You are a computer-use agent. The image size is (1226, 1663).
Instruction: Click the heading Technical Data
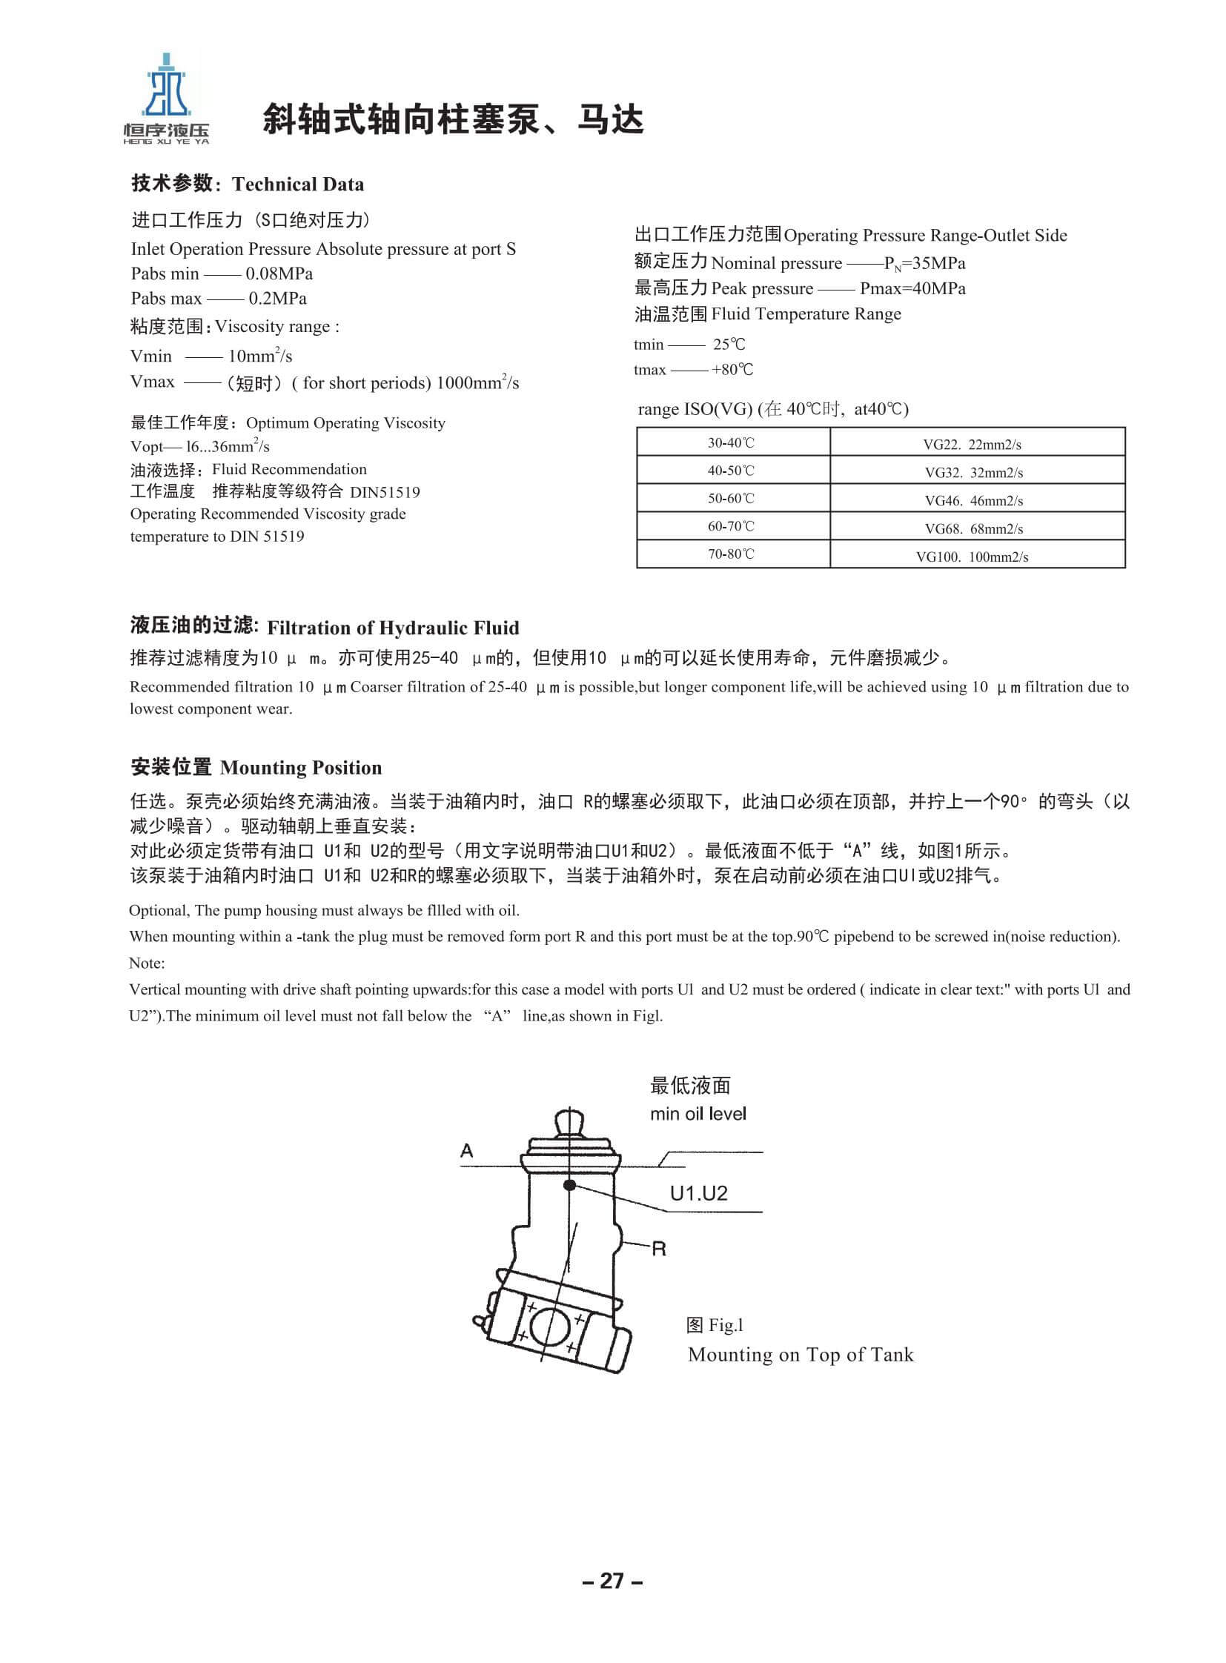[x=297, y=184]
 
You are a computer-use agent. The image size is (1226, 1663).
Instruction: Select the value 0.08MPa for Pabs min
[x=279, y=273]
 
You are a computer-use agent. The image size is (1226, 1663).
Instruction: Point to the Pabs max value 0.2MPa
[x=277, y=299]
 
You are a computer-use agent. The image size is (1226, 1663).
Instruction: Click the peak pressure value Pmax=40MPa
[x=912, y=289]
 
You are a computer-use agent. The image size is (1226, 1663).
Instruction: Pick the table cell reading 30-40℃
[x=731, y=443]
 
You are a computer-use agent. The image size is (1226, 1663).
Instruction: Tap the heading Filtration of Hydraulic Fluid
[x=393, y=628]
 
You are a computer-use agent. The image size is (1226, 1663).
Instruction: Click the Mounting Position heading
[x=300, y=767]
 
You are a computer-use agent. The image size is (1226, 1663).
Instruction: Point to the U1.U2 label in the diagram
[x=698, y=1193]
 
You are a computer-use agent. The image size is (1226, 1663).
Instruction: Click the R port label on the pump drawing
[x=658, y=1249]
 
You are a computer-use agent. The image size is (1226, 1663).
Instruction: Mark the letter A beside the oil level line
[x=467, y=1150]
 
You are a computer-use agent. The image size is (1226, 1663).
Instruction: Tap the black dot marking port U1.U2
[x=570, y=1185]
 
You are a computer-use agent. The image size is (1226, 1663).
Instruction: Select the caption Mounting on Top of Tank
[x=800, y=1354]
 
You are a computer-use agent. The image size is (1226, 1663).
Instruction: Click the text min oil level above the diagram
[x=698, y=1114]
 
